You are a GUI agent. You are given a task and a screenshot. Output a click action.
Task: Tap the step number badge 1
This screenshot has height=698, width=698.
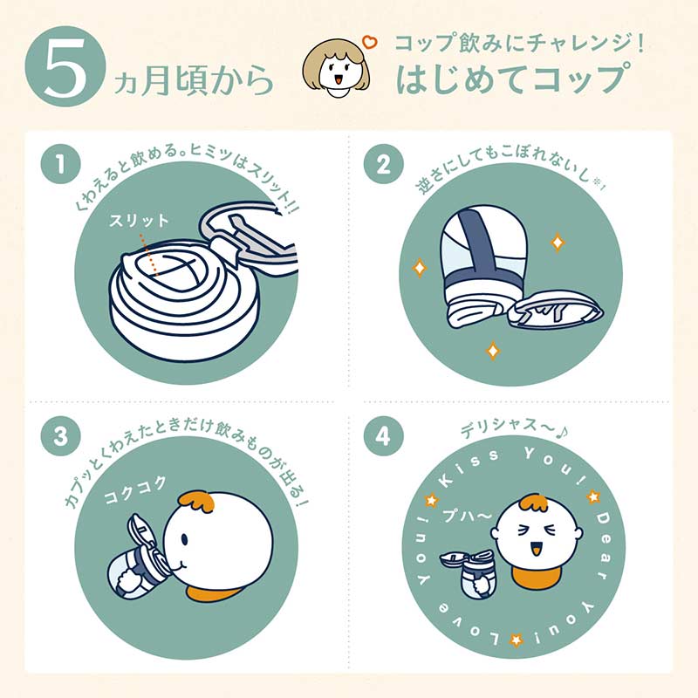pos(60,164)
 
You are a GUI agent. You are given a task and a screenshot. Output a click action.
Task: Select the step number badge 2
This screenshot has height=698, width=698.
pos(383,164)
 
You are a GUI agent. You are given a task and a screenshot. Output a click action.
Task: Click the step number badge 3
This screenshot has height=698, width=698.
pos(60,435)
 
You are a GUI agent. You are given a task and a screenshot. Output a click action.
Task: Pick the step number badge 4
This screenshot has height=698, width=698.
pos(383,435)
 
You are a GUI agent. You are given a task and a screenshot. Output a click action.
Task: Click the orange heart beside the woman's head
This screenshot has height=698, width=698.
pos(369,42)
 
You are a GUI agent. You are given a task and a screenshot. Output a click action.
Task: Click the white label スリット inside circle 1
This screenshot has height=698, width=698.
pos(140,221)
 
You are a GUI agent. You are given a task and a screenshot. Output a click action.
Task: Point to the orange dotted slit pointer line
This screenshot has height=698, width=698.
pos(149,255)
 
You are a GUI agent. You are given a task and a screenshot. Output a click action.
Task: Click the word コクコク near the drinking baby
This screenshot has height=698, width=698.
pos(135,489)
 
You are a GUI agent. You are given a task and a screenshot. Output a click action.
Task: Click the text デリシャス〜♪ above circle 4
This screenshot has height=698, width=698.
pos(515,428)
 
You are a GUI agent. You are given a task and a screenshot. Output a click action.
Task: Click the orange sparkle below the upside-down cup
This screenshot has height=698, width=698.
pos(493,351)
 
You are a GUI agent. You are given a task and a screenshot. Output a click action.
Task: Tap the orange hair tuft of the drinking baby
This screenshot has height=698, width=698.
pos(197,501)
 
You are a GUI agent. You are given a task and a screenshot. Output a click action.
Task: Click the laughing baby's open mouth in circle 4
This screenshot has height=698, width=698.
pos(537,548)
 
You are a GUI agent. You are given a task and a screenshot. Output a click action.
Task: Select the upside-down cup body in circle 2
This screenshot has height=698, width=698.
pos(481,266)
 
